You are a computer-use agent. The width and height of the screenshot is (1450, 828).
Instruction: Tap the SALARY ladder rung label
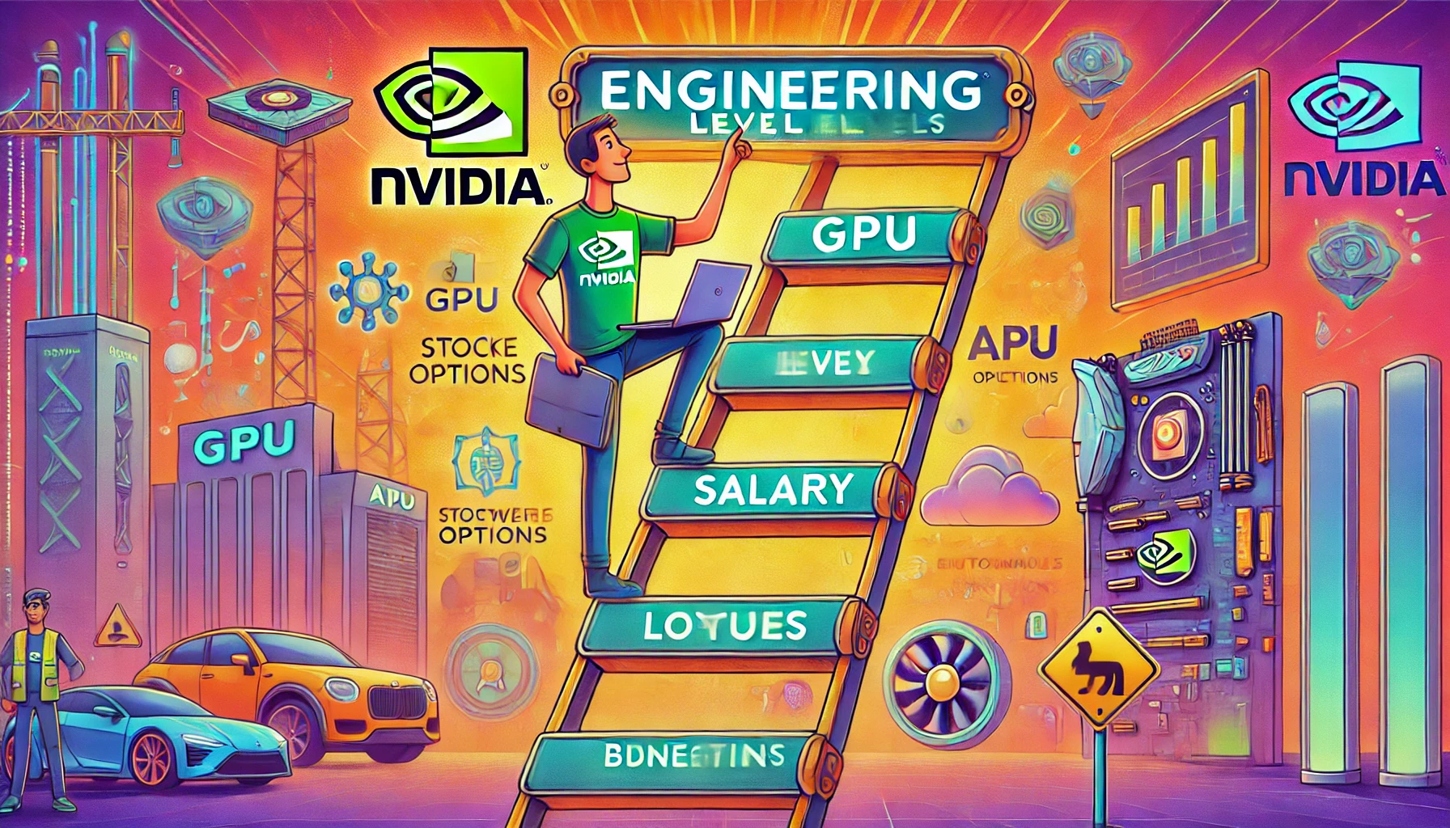point(774,490)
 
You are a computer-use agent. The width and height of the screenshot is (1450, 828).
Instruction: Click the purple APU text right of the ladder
point(1013,343)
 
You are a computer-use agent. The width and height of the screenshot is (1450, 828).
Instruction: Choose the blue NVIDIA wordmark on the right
point(1364,180)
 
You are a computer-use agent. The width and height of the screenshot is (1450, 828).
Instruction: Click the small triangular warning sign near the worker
point(118,627)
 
